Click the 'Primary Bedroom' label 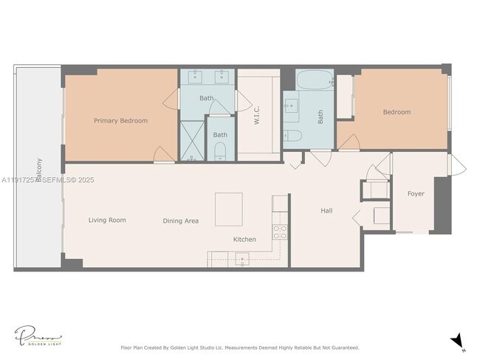(x=120, y=120)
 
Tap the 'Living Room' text (x=107, y=220)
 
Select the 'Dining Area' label (x=181, y=221)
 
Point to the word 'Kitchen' (x=244, y=240)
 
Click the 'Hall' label (x=326, y=211)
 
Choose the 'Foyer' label (x=416, y=194)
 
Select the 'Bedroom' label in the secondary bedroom (x=397, y=112)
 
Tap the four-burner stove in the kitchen (x=281, y=232)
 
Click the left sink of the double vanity (x=196, y=77)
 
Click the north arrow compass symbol (x=457, y=340)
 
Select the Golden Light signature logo (x=38, y=336)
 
